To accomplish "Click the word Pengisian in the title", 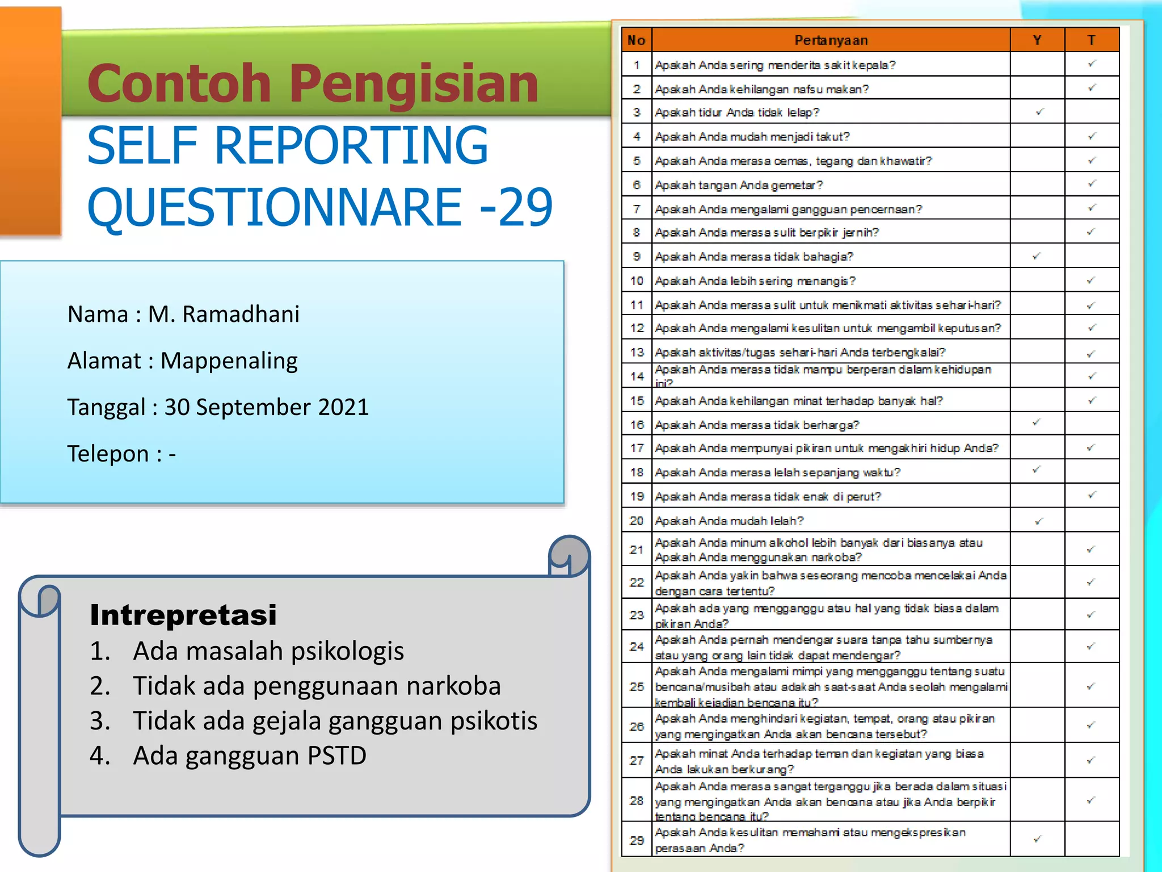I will click(x=414, y=83).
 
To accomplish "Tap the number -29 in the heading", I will click(x=516, y=207).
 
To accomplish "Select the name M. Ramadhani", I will click(x=224, y=314).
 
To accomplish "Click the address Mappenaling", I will click(x=229, y=360).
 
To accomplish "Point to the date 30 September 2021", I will click(x=267, y=407).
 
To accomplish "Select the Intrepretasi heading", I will click(x=183, y=615).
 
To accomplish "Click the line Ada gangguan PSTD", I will click(x=250, y=756).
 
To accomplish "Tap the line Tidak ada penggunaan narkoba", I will click(x=317, y=686).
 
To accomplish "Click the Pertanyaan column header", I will click(x=831, y=40).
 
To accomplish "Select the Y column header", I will click(x=1037, y=40).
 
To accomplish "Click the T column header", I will click(x=1091, y=40).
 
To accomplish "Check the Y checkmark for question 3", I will click(x=1039, y=112).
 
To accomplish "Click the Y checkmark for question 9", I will click(x=1037, y=256).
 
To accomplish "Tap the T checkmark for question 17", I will click(x=1091, y=448).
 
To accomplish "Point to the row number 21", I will click(x=637, y=550).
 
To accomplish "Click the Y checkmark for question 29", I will click(x=1037, y=839).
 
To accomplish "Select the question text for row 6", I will click(x=739, y=185).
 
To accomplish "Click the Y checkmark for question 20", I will click(x=1038, y=521).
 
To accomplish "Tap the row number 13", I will click(x=637, y=352).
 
